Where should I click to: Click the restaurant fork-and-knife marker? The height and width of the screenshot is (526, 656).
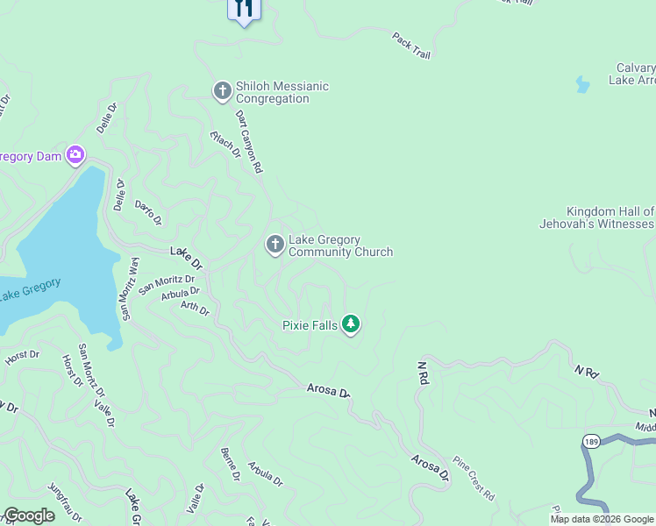(x=244, y=9)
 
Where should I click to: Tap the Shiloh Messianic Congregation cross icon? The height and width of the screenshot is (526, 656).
(x=222, y=89)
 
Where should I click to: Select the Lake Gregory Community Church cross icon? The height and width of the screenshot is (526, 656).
(x=275, y=245)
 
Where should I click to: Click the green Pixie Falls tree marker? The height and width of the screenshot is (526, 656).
(x=351, y=324)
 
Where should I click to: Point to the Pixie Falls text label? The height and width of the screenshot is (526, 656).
(x=310, y=325)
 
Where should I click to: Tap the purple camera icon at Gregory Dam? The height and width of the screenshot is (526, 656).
(x=75, y=155)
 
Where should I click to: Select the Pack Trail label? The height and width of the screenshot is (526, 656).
(x=411, y=46)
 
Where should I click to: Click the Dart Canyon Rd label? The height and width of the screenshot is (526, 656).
(x=249, y=140)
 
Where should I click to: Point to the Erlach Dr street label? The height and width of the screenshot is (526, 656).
(x=225, y=144)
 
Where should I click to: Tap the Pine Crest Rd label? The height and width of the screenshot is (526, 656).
(x=474, y=478)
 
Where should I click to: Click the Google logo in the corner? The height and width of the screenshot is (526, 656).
(x=29, y=515)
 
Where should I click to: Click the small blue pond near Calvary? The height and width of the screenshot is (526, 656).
(x=581, y=85)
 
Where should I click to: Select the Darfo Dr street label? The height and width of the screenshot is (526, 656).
(x=148, y=212)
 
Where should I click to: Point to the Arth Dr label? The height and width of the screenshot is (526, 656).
(x=195, y=308)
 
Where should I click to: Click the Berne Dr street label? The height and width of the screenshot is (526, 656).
(x=229, y=464)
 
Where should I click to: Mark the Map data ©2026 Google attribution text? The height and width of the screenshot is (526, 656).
(x=602, y=519)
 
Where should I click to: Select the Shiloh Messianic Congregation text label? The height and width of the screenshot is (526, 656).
(x=282, y=92)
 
